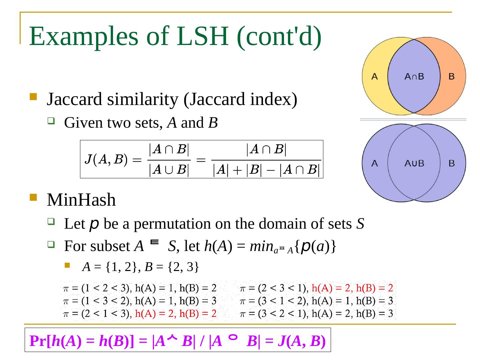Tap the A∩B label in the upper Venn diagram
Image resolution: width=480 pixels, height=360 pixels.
tap(414, 77)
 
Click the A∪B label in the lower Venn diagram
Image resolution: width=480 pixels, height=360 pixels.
tap(414, 163)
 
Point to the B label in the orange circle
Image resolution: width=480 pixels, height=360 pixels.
tap(451, 77)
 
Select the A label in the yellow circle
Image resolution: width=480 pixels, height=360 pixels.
tap(375, 77)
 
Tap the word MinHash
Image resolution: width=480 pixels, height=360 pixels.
tap(81, 200)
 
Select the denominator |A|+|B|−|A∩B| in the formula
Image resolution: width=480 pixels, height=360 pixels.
tap(266, 170)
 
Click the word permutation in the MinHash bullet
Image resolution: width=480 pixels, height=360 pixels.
tap(172, 224)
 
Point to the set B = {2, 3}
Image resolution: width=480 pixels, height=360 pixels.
tap(172, 267)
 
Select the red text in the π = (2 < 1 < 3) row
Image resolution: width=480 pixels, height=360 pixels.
tap(176, 314)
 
